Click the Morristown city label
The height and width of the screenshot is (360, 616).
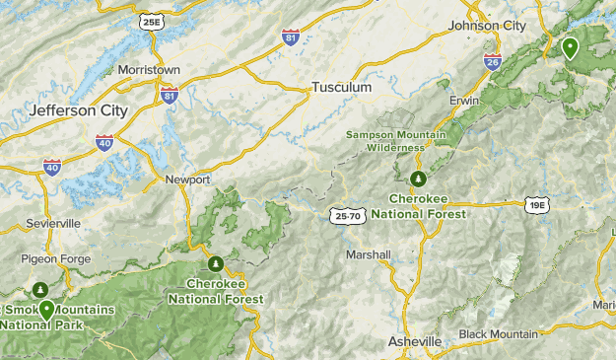point(148,71)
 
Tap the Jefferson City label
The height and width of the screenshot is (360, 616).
point(79,110)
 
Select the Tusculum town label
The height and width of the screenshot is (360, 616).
point(341,87)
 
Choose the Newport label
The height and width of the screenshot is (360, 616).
point(187,180)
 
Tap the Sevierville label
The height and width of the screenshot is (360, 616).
point(54,224)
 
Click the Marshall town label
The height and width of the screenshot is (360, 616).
point(369,254)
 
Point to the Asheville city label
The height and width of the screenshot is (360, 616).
point(414,341)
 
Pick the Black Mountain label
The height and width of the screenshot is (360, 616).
point(499,334)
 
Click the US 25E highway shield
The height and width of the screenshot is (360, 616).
point(151,22)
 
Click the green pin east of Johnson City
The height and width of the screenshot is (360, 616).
point(570,46)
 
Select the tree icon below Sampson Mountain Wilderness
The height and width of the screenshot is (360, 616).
point(418,178)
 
